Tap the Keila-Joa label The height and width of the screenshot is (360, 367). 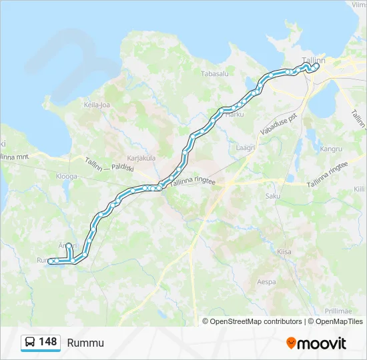coord(96,105)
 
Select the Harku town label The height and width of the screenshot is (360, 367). coord(235,115)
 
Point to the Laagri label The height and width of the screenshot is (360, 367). coord(246,147)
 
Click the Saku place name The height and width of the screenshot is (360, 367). coord(273,196)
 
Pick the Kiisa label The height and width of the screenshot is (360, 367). coord(284,252)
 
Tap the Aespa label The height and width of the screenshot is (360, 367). coord(266,282)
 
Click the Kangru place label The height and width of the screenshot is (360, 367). coord(331,149)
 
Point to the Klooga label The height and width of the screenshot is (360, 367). coord(67,176)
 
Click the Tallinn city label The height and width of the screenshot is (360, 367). coord(314,60)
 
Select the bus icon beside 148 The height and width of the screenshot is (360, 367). coord(30,343)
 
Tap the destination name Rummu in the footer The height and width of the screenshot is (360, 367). coord(85,343)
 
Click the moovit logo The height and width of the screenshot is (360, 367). coord(316,343)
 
